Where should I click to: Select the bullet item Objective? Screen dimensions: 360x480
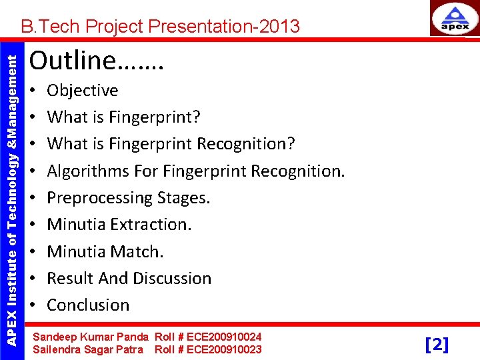tap(83, 91)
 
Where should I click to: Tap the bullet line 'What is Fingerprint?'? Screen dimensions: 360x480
tap(124, 117)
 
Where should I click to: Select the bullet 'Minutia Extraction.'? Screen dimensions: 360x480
tap(119, 225)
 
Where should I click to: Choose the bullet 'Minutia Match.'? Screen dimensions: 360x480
tap(105, 252)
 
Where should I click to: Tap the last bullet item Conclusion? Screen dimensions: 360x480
tap(88, 305)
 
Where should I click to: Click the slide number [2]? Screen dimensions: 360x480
tap(437, 344)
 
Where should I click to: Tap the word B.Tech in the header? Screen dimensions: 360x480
tap(44, 27)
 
